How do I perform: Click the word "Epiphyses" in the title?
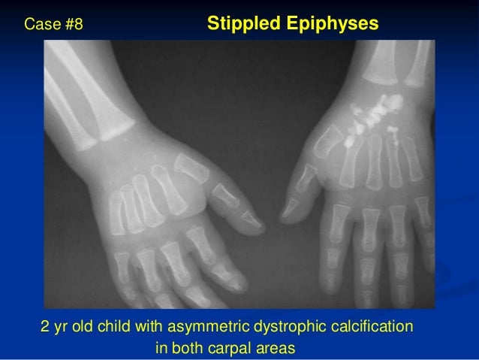(x=333, y=25)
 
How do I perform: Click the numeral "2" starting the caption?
(x=44, y=328)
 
